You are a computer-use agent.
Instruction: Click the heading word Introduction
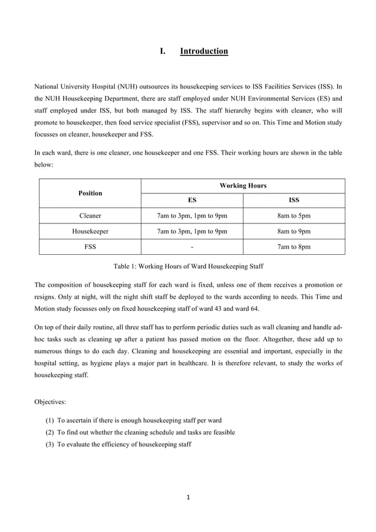coord(203,51)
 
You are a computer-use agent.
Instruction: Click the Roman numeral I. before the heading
coord(163,51)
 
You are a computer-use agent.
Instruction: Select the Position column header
coord(90,193)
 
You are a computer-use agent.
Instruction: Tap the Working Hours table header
coord(243,186)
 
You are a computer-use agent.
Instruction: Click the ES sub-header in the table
coord(192,201)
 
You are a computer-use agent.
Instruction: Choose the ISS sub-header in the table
coord(293,201)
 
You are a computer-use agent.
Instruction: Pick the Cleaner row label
coord(90,216)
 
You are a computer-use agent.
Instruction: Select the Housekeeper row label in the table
coord(90,231)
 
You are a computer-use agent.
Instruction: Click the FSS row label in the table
coord(90,247)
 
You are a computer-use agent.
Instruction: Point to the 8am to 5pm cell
coord(293,216)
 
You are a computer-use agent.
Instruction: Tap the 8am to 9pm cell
coord(293,231)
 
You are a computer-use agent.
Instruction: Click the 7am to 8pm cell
coord(293,247)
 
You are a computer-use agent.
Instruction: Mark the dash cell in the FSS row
coord(192,247)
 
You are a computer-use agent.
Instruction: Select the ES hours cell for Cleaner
coord(192,216)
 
